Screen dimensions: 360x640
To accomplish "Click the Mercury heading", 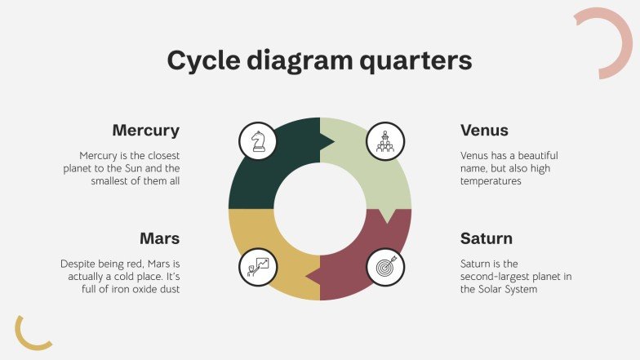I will click(x=145, y=131).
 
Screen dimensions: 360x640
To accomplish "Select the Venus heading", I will click(x=484, y=131).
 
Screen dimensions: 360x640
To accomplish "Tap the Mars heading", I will click(x=159, y=238).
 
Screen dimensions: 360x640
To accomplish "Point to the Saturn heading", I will click(x=487, y=238).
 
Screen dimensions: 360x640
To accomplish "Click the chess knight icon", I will click(x=258, y=140).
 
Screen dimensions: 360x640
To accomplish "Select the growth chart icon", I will click(x=258, y=265).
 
